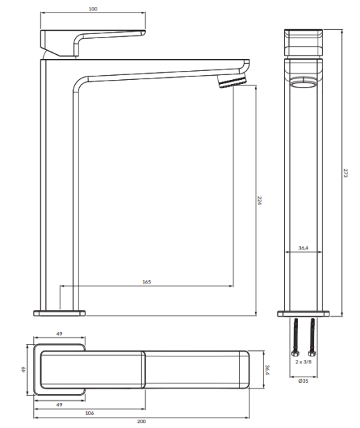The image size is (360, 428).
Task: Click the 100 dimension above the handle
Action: [93, 9]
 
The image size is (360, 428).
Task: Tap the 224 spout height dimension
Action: [259, 200]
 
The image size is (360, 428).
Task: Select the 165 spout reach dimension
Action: [147, 282]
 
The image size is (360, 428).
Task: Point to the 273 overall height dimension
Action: [345, 173]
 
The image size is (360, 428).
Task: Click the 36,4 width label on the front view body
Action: [303, 248]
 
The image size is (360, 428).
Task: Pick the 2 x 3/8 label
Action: [303, 362]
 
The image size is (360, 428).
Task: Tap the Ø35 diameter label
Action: [303, 381]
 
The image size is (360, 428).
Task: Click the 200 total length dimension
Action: [141, 422]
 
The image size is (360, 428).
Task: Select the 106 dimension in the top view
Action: [90, 413]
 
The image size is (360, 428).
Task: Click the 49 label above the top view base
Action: [59, 334]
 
